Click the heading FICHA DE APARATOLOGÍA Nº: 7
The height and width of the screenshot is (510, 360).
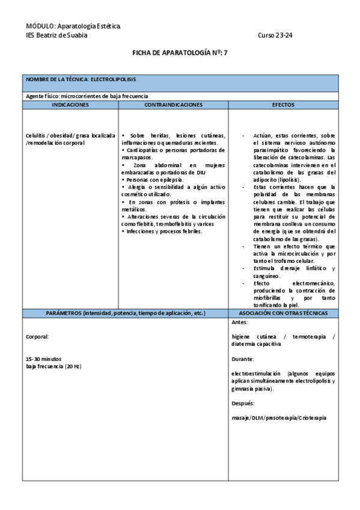tap(180, 53)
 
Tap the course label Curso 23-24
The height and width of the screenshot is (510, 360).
tap(275, 35)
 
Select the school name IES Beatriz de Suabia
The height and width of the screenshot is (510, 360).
tap(56, 35)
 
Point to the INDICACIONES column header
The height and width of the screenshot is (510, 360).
tap(70, 105)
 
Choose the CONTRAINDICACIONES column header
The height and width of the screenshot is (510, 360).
tap(173, 105)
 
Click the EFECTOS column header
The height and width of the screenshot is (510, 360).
tap(283, 105)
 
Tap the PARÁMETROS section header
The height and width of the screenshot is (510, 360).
tap(126, 313)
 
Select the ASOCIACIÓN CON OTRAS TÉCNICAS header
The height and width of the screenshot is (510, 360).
tap(283, 313)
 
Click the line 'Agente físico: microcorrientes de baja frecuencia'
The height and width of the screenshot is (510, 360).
tap(87, 96)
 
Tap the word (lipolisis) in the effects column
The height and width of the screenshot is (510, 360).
tap(284, 179)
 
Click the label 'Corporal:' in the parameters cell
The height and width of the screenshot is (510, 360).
tap(38, 337)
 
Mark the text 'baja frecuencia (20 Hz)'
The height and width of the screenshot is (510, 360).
tap(53, 366)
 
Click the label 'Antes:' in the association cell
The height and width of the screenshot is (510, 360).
tap(239, 322)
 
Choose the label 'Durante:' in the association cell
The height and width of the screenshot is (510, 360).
tap(242, 358)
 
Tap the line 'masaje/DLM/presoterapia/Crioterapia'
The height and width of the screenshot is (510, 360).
tap(279, 417)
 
